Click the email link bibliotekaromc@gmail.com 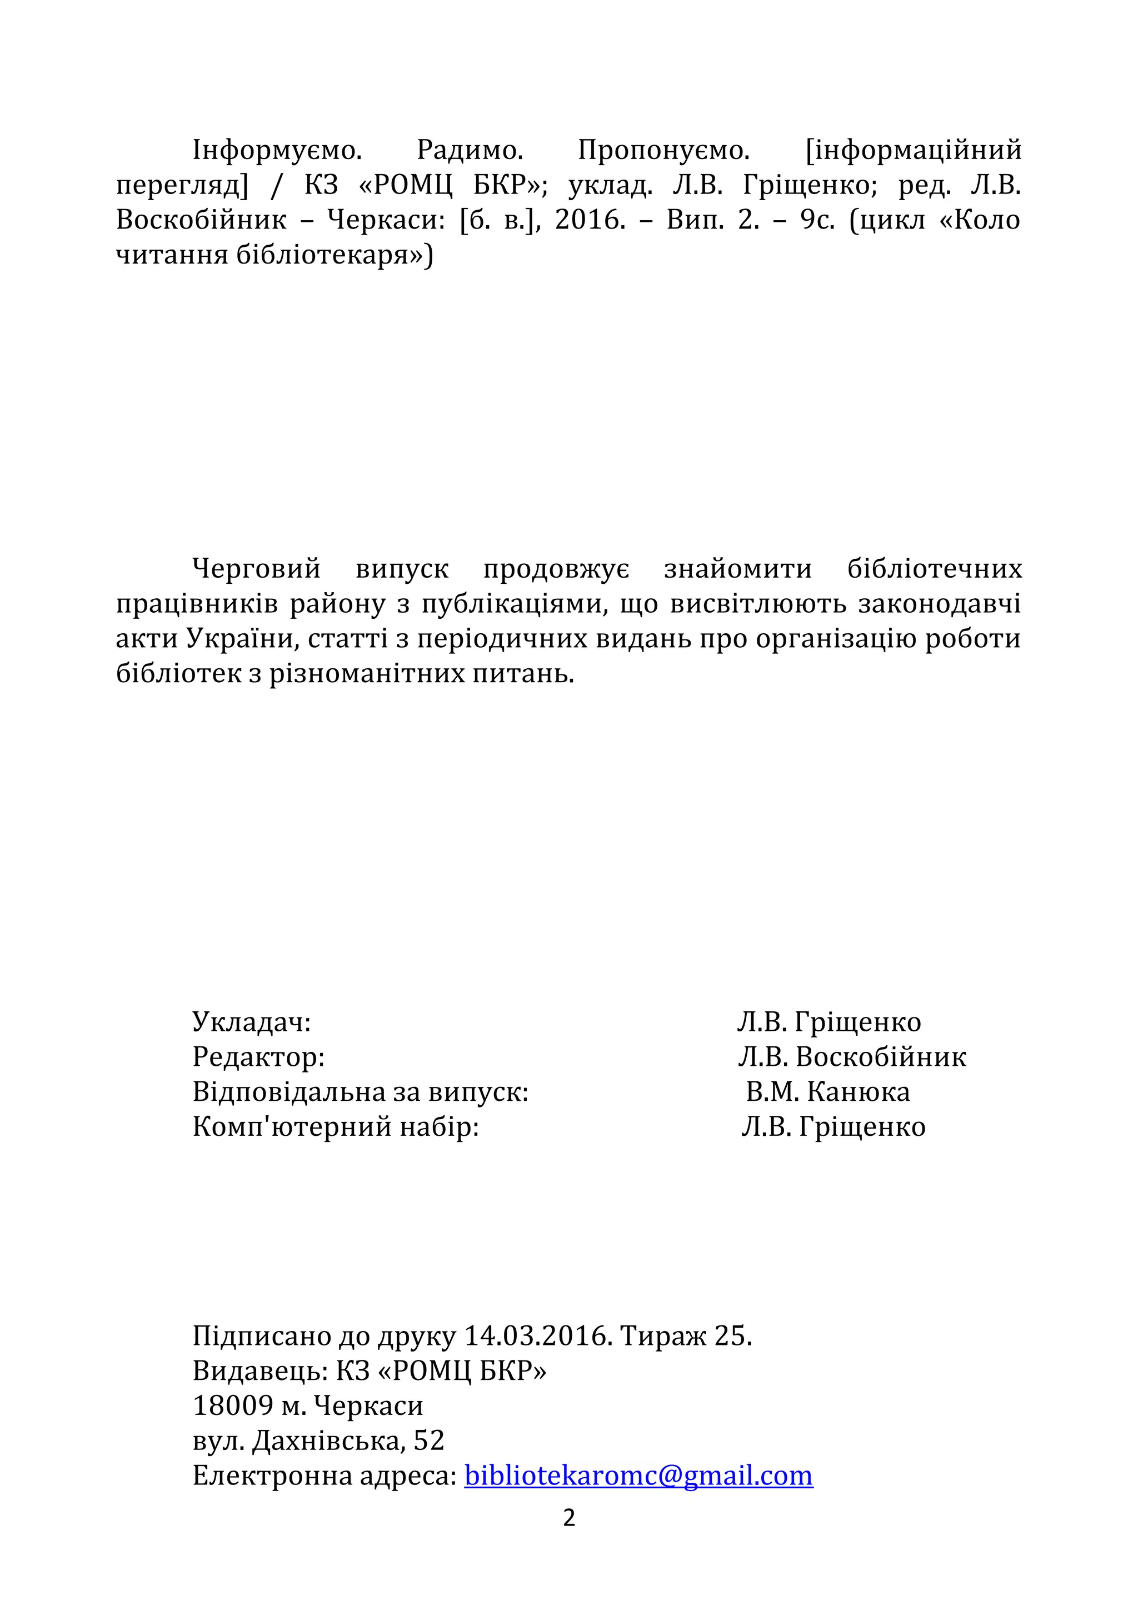[x=638, y=1476]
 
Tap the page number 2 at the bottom [x=569, y=1518]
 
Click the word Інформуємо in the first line [x=277, y=150]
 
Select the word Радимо [x=470, y=150]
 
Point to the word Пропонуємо [x=663, y=150]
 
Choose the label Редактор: [x=258, y=1057]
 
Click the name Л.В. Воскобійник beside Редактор [x=851, y=1057]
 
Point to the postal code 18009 [x=233, y=1406]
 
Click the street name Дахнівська [x=328, y=1441]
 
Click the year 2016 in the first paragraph [x=590, y=220]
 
